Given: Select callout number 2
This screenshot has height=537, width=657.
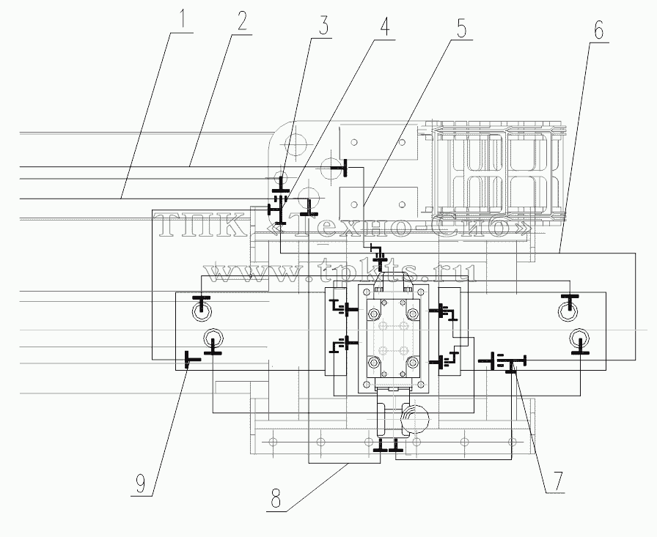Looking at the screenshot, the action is (x=241, y=20).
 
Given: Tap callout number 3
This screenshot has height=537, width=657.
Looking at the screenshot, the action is (x=323, y=25).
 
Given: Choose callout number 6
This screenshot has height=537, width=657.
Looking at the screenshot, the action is (x=598, y=29).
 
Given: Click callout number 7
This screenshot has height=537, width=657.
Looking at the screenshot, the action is (x=557, y=481).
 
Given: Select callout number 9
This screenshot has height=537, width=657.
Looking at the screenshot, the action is (x=140, y=484).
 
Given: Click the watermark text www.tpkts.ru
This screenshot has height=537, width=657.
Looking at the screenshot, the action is (x=342, y=272).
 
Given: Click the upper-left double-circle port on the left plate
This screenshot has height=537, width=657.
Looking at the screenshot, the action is (x=202, y=311).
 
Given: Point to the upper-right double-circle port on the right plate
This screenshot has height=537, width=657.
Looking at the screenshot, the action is (x=568, y=311).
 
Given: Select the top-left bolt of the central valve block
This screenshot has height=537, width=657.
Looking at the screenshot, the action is (x=373, y=313).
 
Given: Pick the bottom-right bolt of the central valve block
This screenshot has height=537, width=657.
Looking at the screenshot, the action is (x=413, y=362).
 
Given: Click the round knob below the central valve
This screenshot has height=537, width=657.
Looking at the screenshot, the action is (x=414, y=420).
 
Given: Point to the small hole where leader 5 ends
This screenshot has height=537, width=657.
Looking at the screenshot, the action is (x=354, y=204).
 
